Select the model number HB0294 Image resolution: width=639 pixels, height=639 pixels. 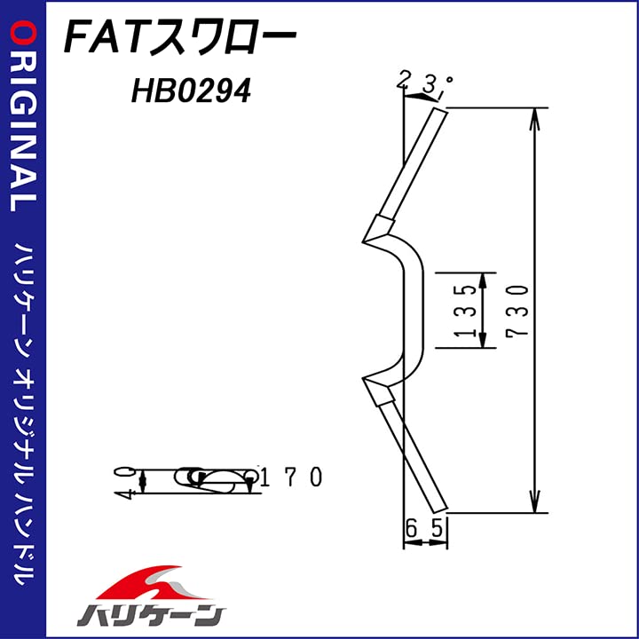[190, 91]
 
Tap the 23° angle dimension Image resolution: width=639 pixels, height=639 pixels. [424, 83]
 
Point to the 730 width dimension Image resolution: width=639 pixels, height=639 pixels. [521, 310]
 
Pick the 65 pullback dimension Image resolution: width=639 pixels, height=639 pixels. [424, 528]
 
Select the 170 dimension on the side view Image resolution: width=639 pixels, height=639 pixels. [294, 477]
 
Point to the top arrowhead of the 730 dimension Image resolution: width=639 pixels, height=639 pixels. [535, 117]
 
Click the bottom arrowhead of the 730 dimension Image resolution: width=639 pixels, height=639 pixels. [535, 503]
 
